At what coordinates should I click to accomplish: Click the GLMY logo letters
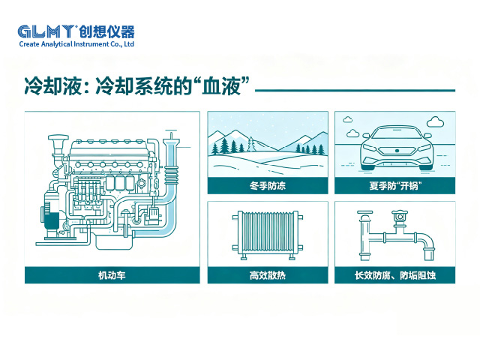46,31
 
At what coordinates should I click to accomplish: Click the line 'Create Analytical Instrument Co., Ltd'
76,44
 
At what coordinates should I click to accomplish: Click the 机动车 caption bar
112,275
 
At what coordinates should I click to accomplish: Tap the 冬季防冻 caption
267,185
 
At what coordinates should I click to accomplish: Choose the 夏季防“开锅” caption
395,185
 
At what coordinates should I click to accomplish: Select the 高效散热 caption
267,275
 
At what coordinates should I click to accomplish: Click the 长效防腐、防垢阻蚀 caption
395,275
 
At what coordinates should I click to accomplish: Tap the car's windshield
395,132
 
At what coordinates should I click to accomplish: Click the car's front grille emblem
395,152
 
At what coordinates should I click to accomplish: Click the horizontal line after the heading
355,91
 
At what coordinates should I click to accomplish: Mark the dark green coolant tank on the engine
52,220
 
